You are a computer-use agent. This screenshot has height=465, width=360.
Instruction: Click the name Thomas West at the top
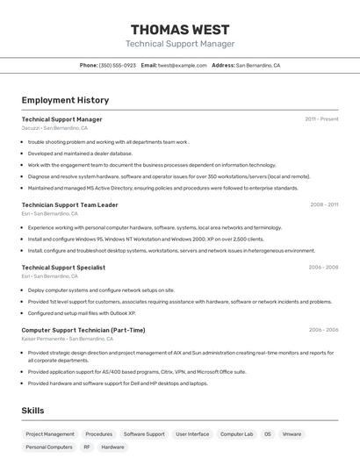click(180, 29)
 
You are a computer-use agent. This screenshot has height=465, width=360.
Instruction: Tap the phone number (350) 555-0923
click(118, 65)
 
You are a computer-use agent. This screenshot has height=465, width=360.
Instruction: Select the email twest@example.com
click(182, 65)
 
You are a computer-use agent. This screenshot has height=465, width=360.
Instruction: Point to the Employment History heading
click(65, 101)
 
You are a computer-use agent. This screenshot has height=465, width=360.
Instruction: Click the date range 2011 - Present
click(321, 119)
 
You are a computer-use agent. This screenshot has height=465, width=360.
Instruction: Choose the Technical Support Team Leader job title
click(69, 204)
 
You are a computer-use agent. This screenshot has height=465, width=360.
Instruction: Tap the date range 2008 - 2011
click(324, 204)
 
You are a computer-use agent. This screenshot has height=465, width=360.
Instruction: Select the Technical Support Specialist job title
click(63, 268)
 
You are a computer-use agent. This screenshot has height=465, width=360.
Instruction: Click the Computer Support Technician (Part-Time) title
click(83, 330)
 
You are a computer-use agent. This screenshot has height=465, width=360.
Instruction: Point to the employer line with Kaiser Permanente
click(66, 339)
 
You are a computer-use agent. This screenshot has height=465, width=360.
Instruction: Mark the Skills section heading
click(32, 411)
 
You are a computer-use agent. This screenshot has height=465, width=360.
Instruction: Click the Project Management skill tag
click(50, 434)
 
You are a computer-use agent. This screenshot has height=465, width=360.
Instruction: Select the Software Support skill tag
click(144, 434)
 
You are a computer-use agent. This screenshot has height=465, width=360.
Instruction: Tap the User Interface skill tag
click(192, 434)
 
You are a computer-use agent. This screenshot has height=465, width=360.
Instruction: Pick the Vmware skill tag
click(292, 434)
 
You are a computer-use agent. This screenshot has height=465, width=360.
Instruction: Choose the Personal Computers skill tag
click(49, 447)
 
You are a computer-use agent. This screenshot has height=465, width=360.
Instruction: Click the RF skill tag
click(87, 447)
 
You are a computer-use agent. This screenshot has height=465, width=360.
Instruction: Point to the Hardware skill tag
click(112, 447)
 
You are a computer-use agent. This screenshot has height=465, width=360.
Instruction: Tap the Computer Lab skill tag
click(236, 434)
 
